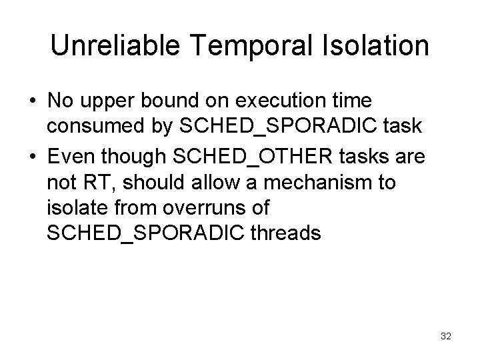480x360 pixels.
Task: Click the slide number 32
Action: pyautogui.click(x=445, y=337)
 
